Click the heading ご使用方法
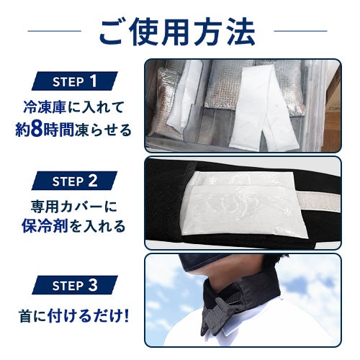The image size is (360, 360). (x=177, y=32)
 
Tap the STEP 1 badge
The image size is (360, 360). (x=75, y=81)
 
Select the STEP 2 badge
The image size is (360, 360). (x=74, y=181)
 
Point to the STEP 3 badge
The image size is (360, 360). (x=75, y=285)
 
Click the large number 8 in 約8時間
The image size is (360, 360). (x=35, y=130)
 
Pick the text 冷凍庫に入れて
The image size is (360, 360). (x=73, y=107)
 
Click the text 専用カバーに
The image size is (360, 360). (x=74, y=207)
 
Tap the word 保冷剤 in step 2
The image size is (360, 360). (x=45, y=226)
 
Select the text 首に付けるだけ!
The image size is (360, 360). (x=74, y=316)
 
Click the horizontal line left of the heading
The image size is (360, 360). (x=55, y=31)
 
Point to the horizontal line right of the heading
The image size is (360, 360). (x=300, y=31)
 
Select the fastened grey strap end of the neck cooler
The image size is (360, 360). (x=217, y=315)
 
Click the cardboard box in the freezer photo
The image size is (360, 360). (x=332, y=108)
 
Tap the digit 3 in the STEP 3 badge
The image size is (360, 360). (x=93, y=285)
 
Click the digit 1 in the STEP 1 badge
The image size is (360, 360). (x=93, y=81)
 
